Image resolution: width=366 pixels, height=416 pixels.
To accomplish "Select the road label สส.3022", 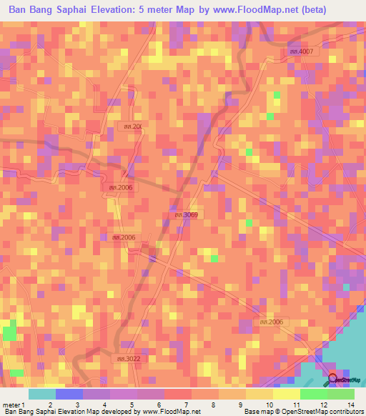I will coord(129,359).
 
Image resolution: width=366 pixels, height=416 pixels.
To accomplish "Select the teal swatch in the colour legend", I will coord(41,394).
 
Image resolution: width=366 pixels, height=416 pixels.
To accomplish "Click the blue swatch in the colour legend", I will coord(69,394).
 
